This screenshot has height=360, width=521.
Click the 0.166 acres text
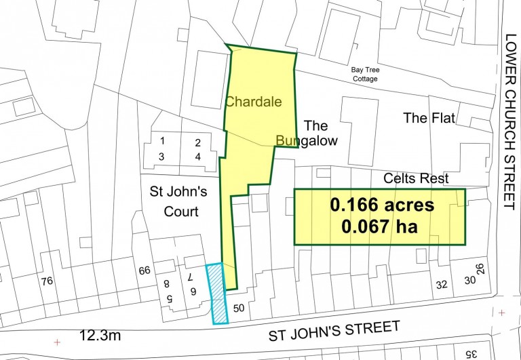click(381, 205)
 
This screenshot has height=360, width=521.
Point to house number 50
click(238, 308)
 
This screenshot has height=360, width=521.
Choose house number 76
click(46, 281)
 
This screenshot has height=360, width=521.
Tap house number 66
click(144, 271)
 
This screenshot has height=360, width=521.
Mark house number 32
click(442, 285)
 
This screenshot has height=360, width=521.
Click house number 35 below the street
click(470, 353)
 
